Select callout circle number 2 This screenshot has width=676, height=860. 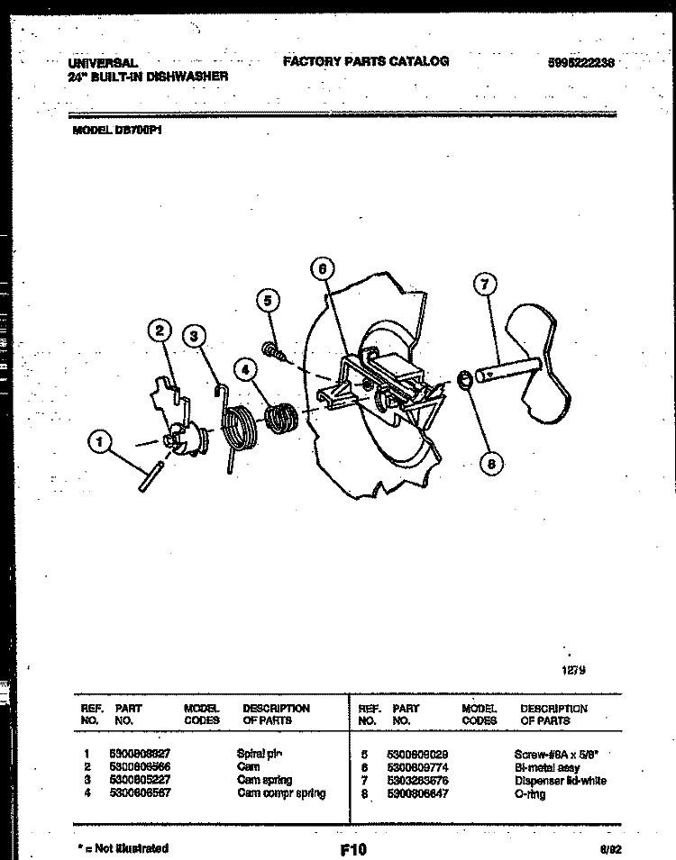(159, 331)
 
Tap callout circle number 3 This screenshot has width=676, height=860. (193, 336)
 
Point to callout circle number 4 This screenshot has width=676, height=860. (243, 367)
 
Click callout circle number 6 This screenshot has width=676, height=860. (323, 267)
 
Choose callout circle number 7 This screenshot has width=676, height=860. (486, 285)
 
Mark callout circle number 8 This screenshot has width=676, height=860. (490, 464)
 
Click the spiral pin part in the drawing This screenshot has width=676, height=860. (149, 475)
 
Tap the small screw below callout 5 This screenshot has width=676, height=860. (273, 351)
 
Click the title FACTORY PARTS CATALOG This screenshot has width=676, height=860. (365, 62)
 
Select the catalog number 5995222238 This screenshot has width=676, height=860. (581, 64)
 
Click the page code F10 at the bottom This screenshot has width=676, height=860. (353, 848)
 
